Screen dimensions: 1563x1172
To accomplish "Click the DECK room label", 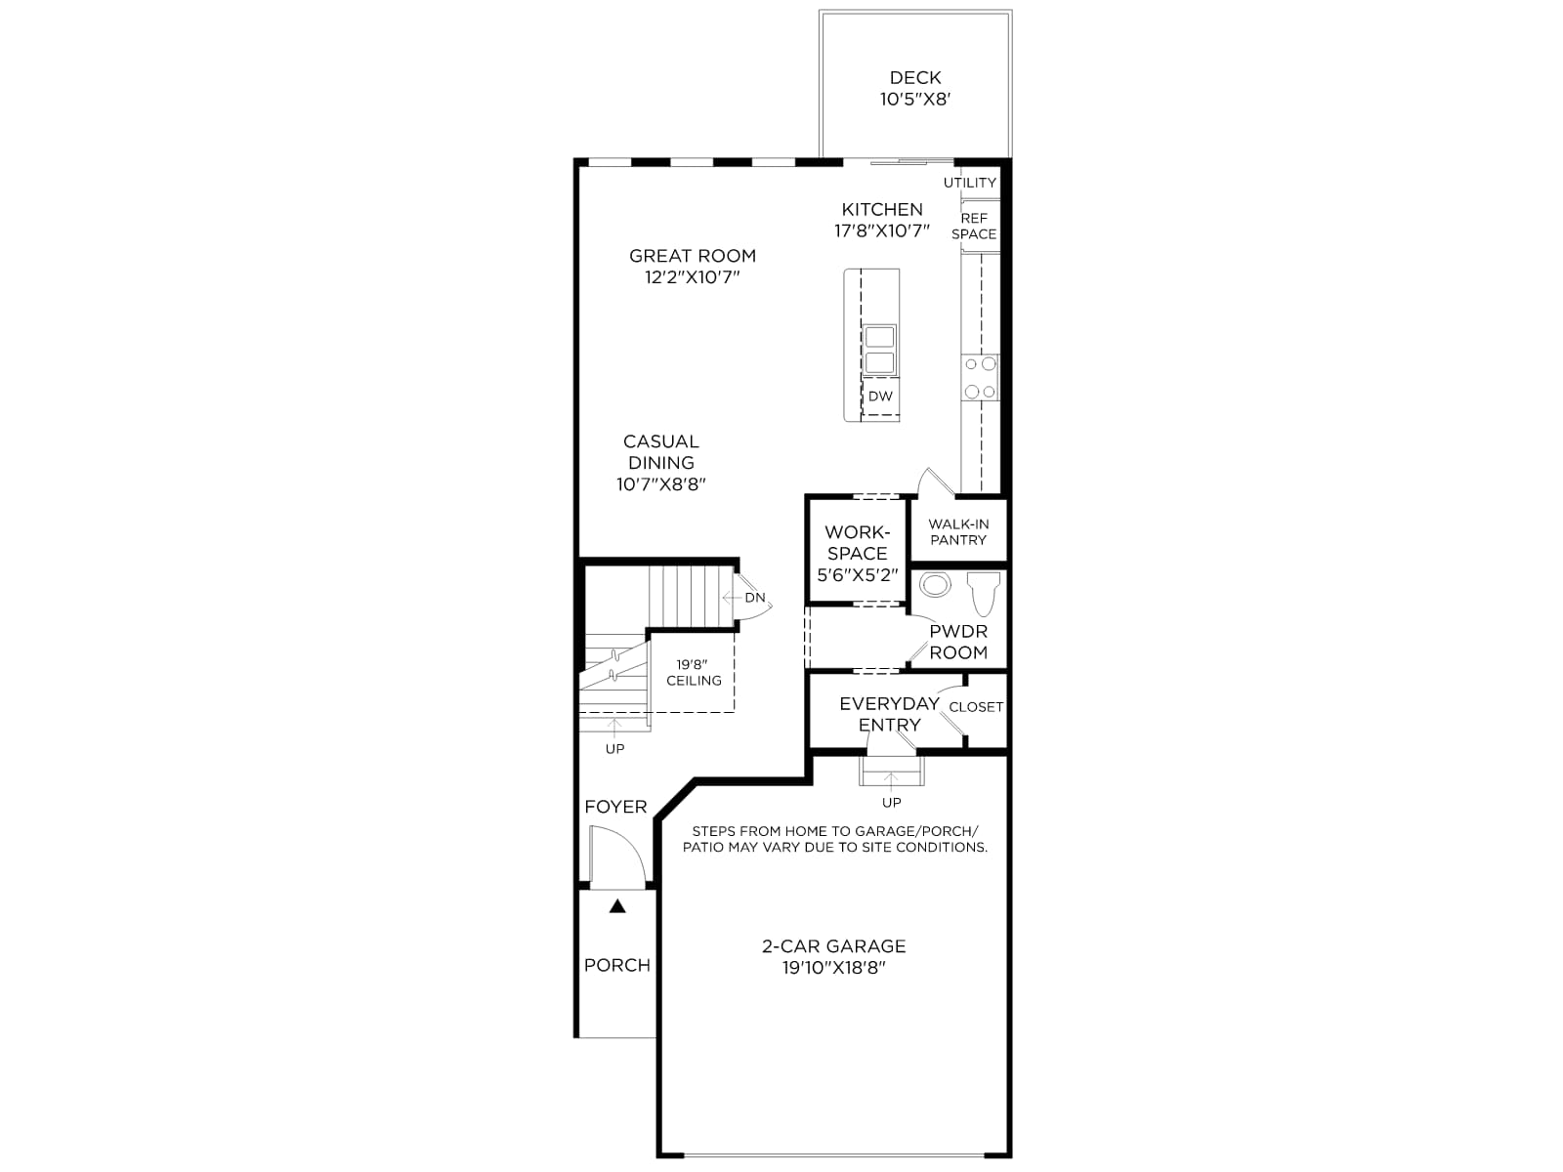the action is click(x=915, y=77).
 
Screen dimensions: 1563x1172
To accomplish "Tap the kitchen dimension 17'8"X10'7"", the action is click(x=882, y=230).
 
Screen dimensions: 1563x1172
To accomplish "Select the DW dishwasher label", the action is click(x=880, y=397).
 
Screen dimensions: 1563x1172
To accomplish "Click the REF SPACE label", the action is click(x=974, y=227).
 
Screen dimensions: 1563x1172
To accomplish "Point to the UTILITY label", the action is click(x=970, y=183).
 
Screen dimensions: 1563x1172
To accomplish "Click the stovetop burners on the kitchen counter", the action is click(x=980, y=377).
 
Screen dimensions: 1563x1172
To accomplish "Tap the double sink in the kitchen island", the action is click(x=879, y=350).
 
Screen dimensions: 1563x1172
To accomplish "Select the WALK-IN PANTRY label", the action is click(x=958, y=531).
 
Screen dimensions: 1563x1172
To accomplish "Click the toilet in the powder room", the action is click(x=984, y=593).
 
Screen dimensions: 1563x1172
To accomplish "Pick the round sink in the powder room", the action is click(x=935, y=585).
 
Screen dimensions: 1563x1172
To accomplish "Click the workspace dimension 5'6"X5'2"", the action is click(x=858, y=575).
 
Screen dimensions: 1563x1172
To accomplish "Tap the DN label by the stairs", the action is click(x=755, y=598).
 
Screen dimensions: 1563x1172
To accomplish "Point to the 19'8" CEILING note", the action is click(x=694, y=673).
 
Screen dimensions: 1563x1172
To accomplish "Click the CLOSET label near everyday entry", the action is click(x=976, y=706).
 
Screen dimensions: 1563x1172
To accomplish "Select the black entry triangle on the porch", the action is click(x=617, y=906).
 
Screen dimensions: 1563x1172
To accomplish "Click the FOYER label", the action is click(x=616, y=807).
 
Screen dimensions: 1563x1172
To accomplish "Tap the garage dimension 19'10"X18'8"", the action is click(x=834, y=968).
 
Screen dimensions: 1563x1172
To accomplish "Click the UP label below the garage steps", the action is click(x=892, y=803).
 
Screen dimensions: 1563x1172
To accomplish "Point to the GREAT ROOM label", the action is click(x=693, y=256).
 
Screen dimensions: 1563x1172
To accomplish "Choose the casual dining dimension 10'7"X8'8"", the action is click(x=660, y=484).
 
